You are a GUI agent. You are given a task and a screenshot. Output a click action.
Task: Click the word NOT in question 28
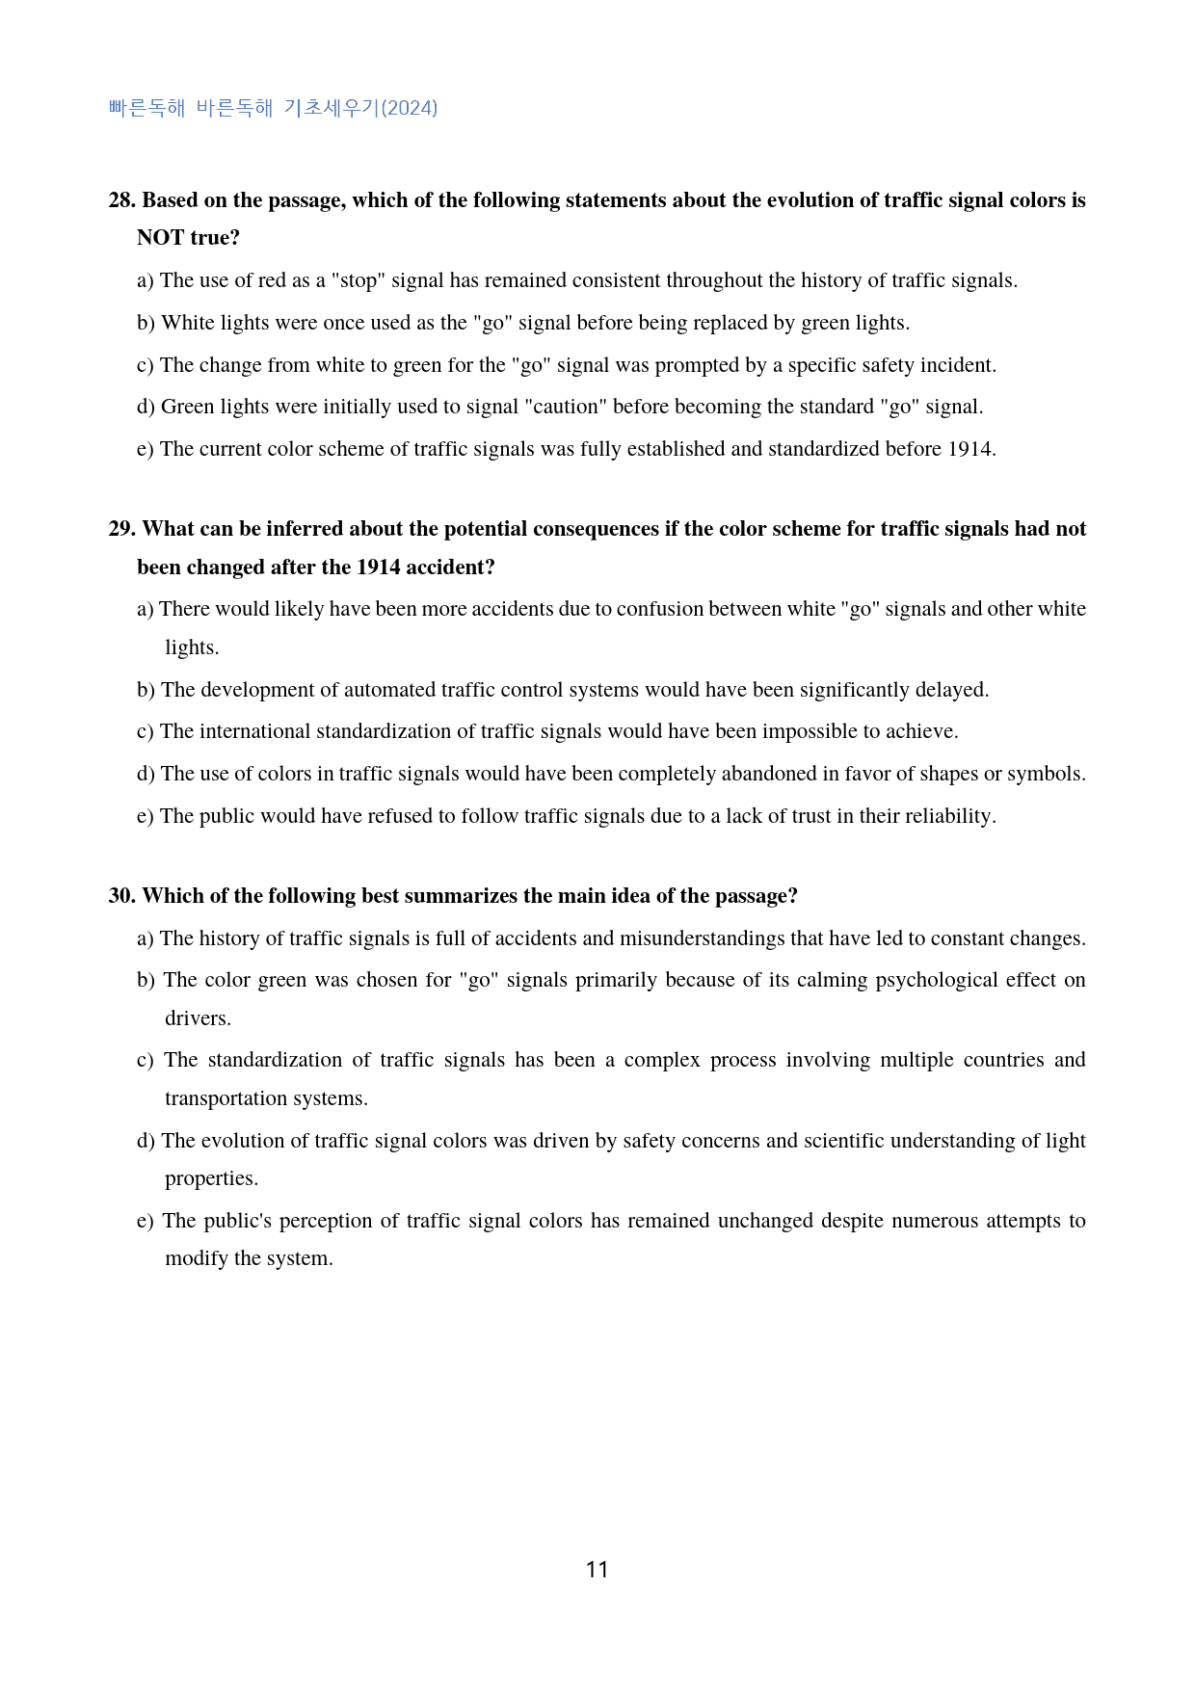[160, 238]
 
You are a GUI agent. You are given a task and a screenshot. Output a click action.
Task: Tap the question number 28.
[122, 200]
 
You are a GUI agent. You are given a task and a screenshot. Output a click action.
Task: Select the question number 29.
[122, 529]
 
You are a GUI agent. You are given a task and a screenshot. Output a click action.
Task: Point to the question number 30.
[122, 896]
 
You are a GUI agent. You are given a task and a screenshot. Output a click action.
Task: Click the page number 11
[597, 1570]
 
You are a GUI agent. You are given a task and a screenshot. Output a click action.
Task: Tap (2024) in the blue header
[410, 108]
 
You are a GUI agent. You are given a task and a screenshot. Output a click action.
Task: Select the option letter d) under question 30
[146, 1141]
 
